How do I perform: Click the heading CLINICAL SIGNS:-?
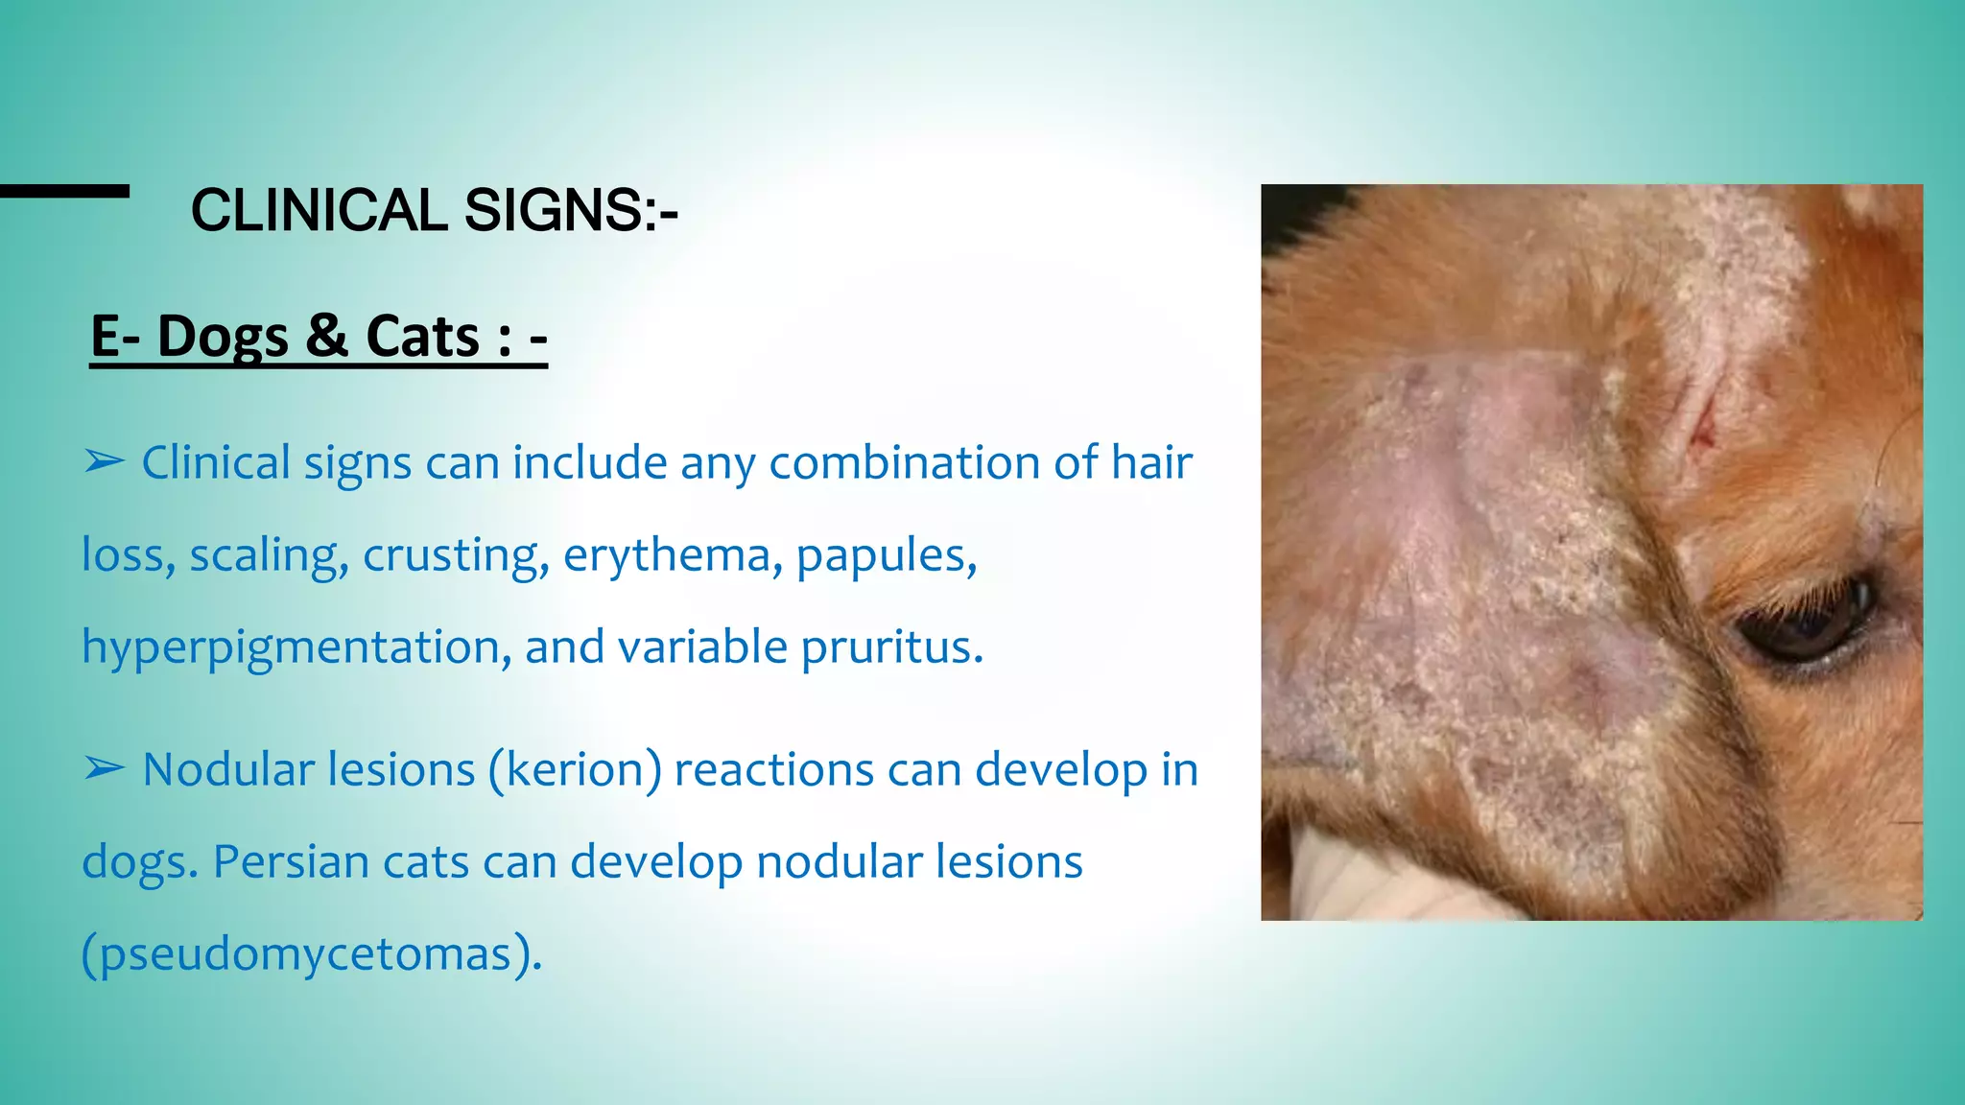coord(434,210)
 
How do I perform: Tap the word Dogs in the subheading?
coord(223,337)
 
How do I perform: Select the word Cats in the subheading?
coord(422,337)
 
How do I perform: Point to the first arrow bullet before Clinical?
coord(104,462)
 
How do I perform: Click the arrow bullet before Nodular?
coord(104,769)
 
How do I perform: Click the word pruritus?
coord(891,647)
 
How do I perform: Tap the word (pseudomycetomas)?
coord(312,953)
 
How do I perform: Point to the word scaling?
coord(269,555)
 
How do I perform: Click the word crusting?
coord(455,555)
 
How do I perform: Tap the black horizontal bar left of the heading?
coord(64,191)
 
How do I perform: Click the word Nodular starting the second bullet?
coord(309,770)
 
